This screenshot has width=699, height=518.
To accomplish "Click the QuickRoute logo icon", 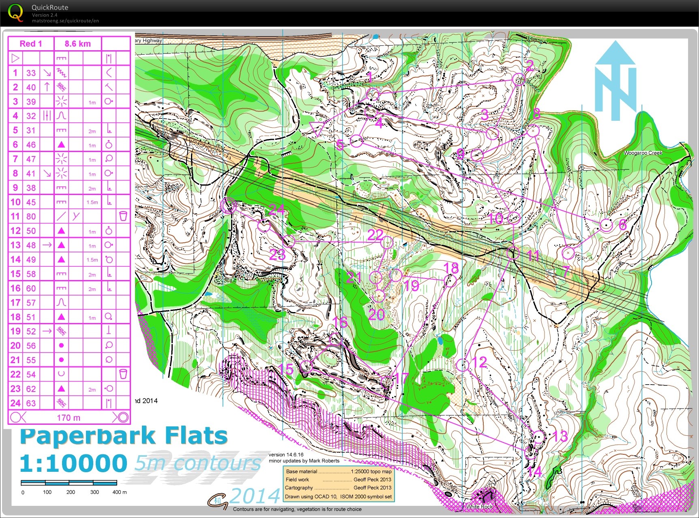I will click(x=15, y=13).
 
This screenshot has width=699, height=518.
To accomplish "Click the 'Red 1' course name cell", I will click(x=31, y=44).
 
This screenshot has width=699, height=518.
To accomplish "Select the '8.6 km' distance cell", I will click(x=77, y=44).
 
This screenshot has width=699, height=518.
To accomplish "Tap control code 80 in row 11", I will click(x=31, y=216).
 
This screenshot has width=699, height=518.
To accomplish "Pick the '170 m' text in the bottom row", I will click(x=69, y=417).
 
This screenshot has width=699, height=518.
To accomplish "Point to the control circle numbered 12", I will click(x=463, y=365).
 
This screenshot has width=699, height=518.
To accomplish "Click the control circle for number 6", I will click(x=606, y=225).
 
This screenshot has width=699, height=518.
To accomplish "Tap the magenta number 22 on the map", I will click(x=375, y=235).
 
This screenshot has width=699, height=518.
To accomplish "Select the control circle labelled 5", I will click(x=356, y=141).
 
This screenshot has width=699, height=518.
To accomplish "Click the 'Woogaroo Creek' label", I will click(x=643, y=153).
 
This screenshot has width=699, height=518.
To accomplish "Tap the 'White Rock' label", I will click(x=479, y=507).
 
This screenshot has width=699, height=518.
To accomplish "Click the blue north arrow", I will click(x=615, y=81).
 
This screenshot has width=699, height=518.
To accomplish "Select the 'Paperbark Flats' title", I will click(x=124, y=436).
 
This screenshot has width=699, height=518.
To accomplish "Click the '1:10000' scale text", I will click(x=73, y=463).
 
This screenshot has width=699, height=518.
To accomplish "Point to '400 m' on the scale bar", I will click(x=119, y=492).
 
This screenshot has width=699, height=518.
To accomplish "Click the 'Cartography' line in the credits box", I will click(x=299, y=488).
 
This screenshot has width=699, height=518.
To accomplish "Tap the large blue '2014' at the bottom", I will click(x=255, y=495).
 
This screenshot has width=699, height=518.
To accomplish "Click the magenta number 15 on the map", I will click(x=286, y=369).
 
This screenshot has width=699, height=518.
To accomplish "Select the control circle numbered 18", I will click(x=450, y=280).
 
